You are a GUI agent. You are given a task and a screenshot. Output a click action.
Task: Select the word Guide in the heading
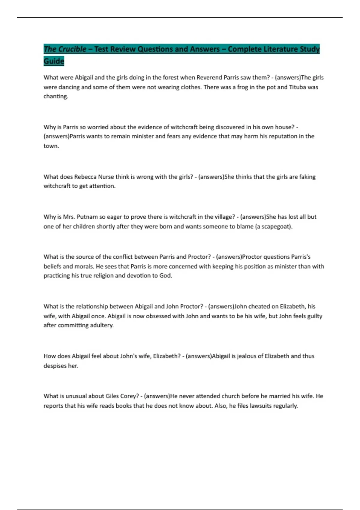(54, 61)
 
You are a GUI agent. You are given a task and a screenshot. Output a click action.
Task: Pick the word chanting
(55, 96)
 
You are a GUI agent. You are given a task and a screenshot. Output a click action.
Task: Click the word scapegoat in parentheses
(275, 226)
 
